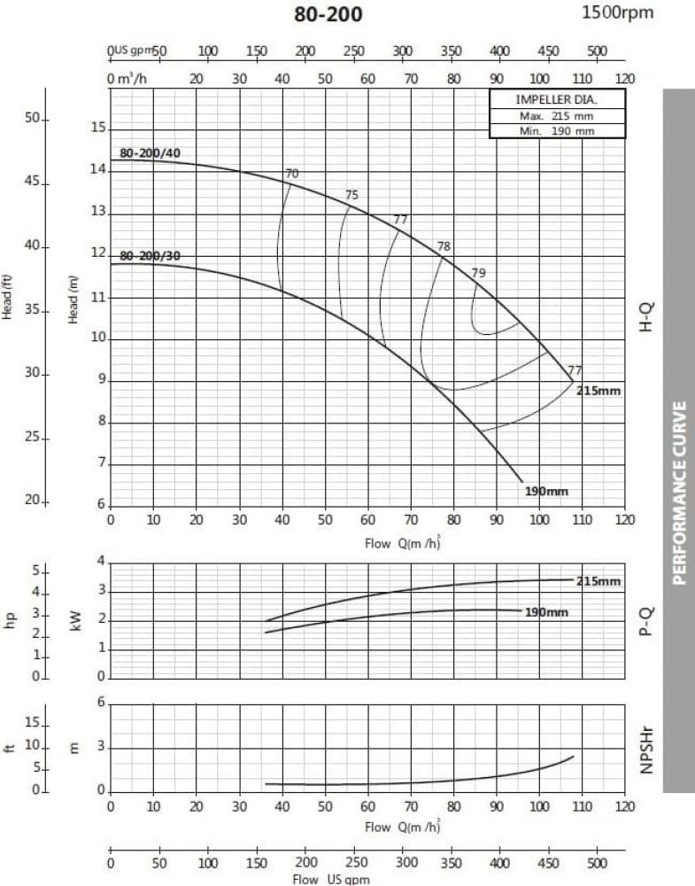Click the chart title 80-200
pyautogui.click(x=328, y=15)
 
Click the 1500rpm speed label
pyautogui.click(x=617, y=12)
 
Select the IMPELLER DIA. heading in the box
pyautogui.click(x=557, y=100)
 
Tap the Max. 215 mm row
pyautogui.click(x=557, y=116)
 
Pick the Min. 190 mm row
pyautogui.click(x=557, y=131)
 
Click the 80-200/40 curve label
pyautogui.click(x=150, y=153)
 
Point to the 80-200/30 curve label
pyautogui.click(x=150, y=256)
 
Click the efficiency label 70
pyautogui.click(x=292, y=174)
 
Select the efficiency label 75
pyautogui.click(x=351, y=196)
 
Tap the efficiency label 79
pyautogui.click(x=478, y=273)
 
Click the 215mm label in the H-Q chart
pyautogui.click(x=598, y=390)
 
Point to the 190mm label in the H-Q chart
pyautogui.click(x=544, y=490)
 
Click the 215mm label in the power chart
pyautogui.click(x=598, y=581)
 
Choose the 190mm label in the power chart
pyautogui.click(x=545, y=612)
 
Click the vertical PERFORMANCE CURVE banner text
pyautogui.click(x=680, y=494)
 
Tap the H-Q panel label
pyautogui.click(x=646, y=315)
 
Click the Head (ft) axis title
pyautogui.click(x=10, y=299)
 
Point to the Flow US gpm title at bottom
pyautogui.click(x=320, y=880)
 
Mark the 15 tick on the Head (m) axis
pyautogui.click(x=98, y=128)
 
